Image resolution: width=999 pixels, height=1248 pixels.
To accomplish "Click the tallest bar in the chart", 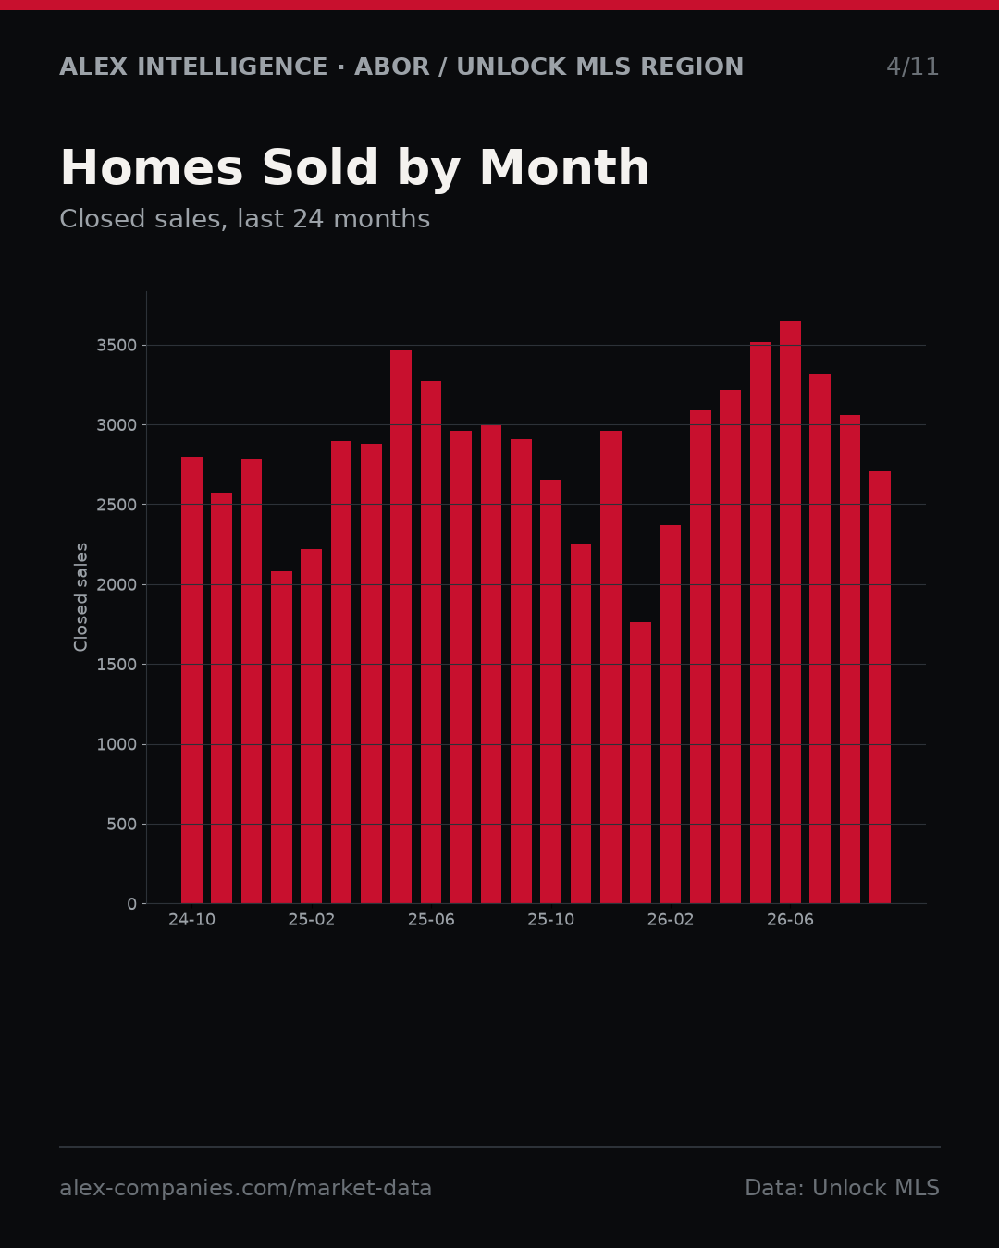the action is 790,612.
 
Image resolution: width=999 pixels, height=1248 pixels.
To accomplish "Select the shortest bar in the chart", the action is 640,763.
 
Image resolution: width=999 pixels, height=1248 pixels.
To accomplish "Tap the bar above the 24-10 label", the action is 191,679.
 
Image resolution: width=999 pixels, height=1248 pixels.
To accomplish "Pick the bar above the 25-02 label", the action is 311,726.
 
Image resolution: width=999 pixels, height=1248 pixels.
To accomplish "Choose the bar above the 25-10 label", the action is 551,691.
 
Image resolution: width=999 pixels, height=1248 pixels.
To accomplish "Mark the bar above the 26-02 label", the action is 671,714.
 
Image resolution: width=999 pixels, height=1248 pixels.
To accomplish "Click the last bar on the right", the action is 880,687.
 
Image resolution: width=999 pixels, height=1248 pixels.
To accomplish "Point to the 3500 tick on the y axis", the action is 117,346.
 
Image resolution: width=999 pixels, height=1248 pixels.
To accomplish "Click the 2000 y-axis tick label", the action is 117,584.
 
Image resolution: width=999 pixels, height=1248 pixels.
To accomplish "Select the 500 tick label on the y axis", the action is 122,824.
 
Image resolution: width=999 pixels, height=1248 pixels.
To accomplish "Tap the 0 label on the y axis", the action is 132,904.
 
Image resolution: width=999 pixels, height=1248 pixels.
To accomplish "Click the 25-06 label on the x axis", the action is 431,920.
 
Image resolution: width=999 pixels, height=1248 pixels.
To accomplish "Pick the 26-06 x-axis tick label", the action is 790,920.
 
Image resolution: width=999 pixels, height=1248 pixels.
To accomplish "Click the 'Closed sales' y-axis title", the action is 80,597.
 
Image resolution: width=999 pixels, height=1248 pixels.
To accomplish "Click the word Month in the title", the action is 565,167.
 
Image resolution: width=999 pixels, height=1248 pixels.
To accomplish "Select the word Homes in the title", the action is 152,167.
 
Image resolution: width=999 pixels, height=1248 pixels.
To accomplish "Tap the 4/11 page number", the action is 912,67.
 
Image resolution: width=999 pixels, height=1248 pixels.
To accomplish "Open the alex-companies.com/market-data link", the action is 245,1188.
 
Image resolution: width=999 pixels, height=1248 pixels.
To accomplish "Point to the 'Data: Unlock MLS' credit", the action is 843,1188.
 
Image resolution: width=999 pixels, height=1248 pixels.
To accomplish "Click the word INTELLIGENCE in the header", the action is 232,67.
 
